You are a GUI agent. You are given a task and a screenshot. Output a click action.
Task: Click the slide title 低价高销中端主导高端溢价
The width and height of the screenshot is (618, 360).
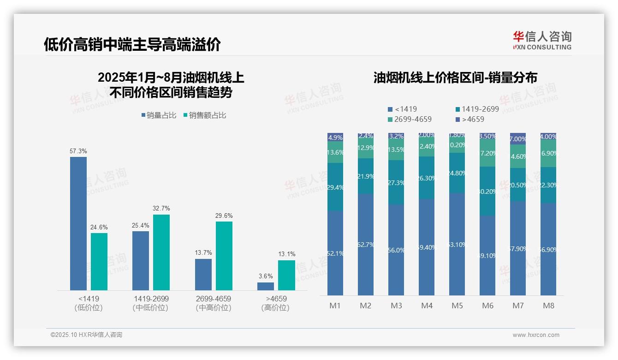[x=132, y=44]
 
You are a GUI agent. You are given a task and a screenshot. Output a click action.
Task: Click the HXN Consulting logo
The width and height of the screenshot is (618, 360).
[x=542, y=41]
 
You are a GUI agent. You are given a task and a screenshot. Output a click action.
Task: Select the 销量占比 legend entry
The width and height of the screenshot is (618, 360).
[x=159, y=115]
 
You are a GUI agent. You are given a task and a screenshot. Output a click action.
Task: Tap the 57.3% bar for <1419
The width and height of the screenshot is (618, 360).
[x=78, y=223]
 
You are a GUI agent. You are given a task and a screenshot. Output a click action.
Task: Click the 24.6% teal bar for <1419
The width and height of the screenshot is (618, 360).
[x=99, y=261]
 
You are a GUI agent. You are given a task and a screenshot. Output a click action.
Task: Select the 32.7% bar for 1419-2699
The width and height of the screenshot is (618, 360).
[x=161, y=252]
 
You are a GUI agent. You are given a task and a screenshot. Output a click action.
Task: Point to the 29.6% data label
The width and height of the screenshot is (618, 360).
[x=224, y=216]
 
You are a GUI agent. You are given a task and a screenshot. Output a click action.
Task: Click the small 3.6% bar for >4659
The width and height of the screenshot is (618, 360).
[x=266, y=286]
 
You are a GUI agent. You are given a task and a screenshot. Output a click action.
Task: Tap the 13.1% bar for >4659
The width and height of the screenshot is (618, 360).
[x=286, y=275]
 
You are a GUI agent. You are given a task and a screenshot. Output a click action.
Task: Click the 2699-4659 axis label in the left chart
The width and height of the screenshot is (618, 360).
[x=214, y=299]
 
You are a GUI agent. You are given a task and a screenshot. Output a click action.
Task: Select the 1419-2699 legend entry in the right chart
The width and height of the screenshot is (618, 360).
[x=477, y=109]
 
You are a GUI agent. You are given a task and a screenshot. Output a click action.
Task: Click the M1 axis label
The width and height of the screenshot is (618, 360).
[x=335, y=306]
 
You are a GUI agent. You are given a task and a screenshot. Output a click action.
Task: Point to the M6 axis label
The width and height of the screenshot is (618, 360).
[x=487, y=306]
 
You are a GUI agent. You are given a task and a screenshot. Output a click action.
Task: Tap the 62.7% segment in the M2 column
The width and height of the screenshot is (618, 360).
[x=366, y=244]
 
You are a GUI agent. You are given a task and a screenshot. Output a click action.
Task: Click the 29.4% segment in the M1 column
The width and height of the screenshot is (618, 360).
[x=335, y=187]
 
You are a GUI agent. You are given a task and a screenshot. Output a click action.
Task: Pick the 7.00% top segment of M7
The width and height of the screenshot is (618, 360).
[x=518, y=138]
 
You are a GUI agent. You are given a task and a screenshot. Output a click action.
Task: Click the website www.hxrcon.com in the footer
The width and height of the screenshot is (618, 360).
[x=536, y=335]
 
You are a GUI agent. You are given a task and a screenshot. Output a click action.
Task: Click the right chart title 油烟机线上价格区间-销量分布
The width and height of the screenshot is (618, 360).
[x=455, y=78]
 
